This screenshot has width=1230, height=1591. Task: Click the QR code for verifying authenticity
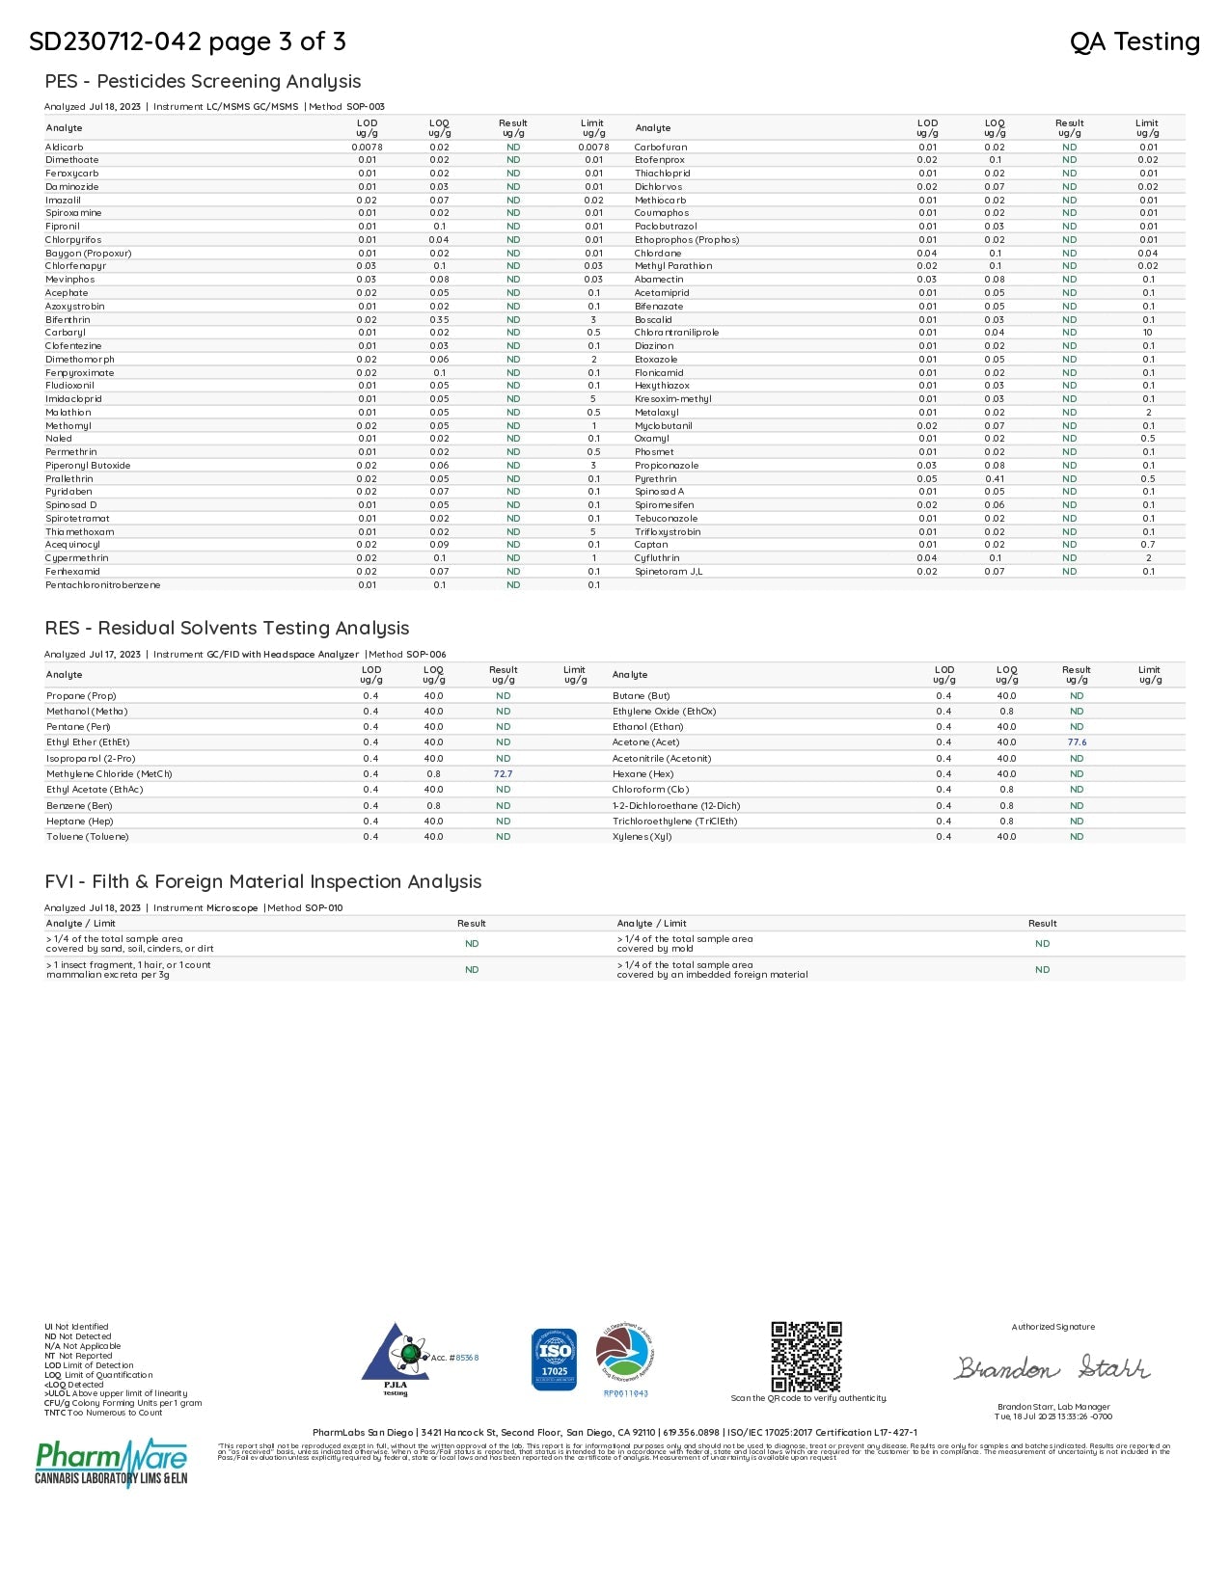click(806, 1356)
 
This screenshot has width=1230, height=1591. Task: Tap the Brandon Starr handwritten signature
click(1052, 1367)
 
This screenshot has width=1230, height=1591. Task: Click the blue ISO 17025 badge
click(554, 1359)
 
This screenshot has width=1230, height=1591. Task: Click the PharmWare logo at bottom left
click(112, 1463)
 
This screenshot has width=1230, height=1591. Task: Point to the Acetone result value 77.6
click(1077, 742)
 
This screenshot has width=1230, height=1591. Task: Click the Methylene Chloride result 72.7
click(503, 774)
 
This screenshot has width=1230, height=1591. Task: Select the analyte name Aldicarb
click(65, 148)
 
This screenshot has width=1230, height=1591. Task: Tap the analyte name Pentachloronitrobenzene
click(103, 585)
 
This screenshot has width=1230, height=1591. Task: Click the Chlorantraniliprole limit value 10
click(1148, 333)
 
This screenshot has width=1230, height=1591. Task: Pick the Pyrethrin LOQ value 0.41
click(995, 479)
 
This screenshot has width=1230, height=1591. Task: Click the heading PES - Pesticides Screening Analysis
click(203, 82)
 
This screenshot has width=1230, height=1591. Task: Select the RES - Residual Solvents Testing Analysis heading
click(227, 629)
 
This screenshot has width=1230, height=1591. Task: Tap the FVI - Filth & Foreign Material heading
click(262, 882)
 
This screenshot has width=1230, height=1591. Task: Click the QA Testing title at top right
click(1134, 42)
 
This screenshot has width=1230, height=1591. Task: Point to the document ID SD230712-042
click(116, 42)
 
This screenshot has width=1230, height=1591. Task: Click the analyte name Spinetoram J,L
click(669, 572)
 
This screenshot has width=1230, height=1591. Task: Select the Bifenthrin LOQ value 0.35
click(439, 320)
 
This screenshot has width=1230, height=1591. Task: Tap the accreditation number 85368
click(467, 1358)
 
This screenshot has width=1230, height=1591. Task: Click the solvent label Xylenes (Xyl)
click(642, 837)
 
